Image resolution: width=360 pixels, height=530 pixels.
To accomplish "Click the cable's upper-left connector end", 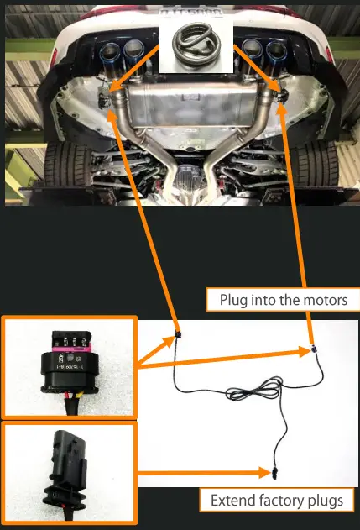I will tap(178, 337).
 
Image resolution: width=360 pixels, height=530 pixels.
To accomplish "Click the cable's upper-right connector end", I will tap(311, 345).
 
